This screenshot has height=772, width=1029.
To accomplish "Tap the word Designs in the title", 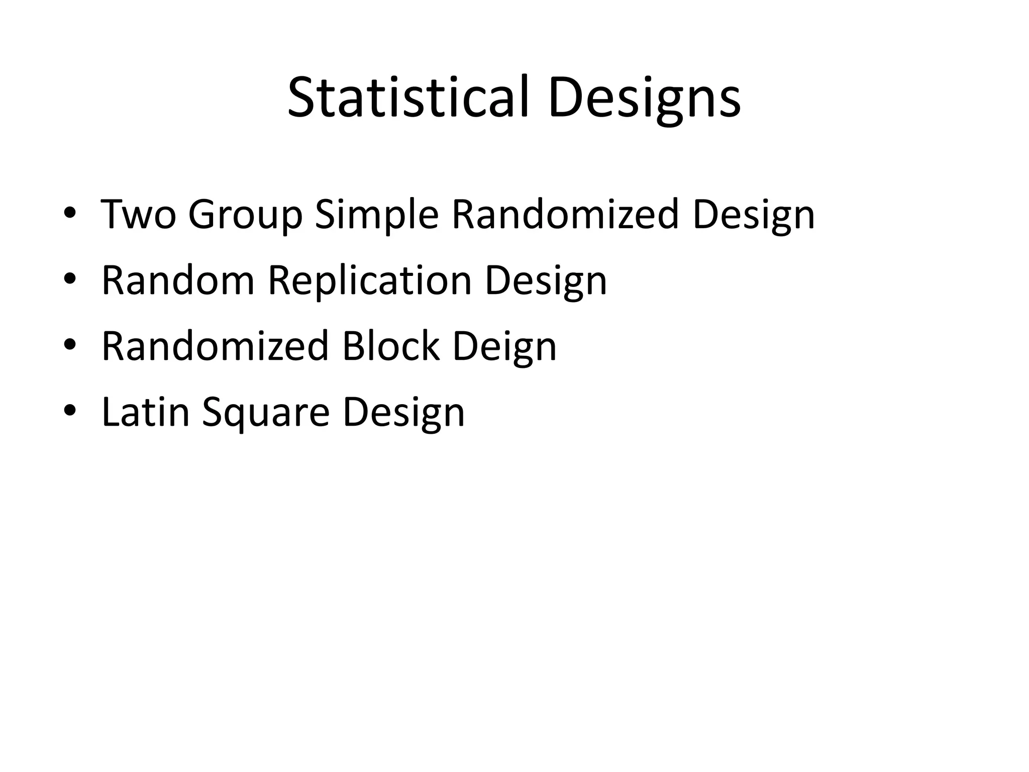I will pyautogui.click(x=645, y=99).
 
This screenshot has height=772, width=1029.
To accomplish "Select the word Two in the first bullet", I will pyautogui.click(x=139, y=215).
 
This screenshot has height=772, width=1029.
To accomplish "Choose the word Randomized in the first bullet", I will pyautogui.click(x=565, y=215).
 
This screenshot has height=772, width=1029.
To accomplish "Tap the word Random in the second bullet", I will pyautogui.click(x=178, y=280).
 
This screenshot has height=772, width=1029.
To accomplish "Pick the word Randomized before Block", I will pyautogui.click(x=215, y=346).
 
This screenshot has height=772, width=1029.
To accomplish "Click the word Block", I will pyautogui.click(x=391, y=346).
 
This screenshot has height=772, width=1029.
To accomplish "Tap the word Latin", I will pyautogui.click(x=146, y=412).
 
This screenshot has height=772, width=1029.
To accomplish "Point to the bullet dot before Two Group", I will pyautogui.click(x=69, y=214).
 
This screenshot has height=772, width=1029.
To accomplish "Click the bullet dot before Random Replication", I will pyautogui.click(x=69, y=279).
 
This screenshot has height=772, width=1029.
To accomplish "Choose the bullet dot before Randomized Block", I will pyautogui.click(x=69, y=345).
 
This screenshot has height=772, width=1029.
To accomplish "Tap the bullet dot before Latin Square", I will pyautogui.click(x=69, y=411).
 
